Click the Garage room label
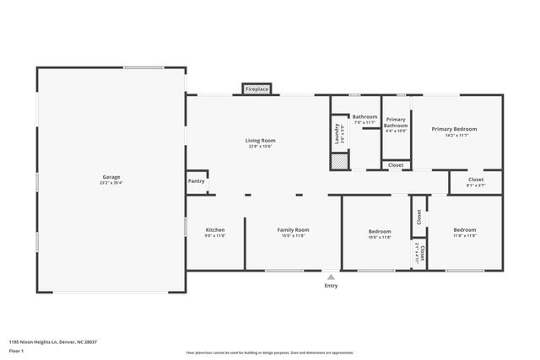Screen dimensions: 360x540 click(x=111, y=177)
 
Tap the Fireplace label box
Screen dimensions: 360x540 click(x=256, y=89)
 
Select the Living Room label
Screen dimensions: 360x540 click(x=260, y=141)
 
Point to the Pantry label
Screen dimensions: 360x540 click(x=196, y=180)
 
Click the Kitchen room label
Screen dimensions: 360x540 click(x=215, y=230)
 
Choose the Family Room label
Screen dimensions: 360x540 click(x=294, y=230)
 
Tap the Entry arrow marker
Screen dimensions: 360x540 click(x=331, y=276)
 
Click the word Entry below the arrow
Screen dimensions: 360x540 click(x=331, y=286)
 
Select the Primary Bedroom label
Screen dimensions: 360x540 click(x=454, y=129)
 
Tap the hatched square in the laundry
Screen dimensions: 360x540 click(x=338, y=162)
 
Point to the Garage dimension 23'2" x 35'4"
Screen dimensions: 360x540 click(x=111, y=183)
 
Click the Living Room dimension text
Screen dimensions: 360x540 click(x=260, y=147)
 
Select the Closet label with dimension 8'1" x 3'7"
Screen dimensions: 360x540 click(x=476, y=180)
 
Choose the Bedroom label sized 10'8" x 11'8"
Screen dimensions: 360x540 click(x=380, y=231)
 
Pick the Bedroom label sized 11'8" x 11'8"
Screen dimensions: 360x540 click(x=464, y=230)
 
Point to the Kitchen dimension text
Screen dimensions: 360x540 click(x=215, y=236)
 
